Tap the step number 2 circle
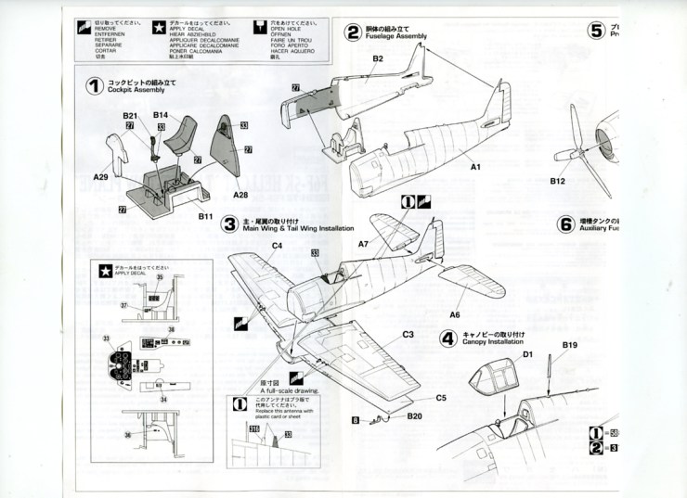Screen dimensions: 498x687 [353, 33]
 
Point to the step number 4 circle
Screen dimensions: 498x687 [447, 338]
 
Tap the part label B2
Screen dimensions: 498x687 [378, 58]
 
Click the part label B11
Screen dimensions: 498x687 [206, 216]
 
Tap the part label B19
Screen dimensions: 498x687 [570, 346]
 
